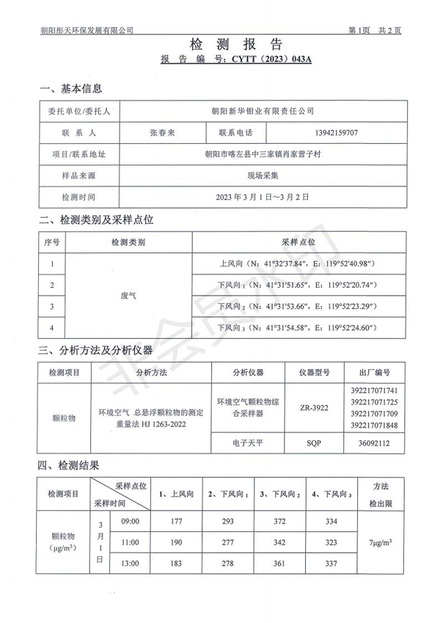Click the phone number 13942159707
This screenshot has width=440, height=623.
point(336,133)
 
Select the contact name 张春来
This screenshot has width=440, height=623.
point(161,133)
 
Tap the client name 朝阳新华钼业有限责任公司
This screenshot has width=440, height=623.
point(262,111)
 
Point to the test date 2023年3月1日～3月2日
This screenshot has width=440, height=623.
point(262,197)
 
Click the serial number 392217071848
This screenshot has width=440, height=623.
point(374,426)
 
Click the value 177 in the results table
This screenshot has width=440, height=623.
point(175,522)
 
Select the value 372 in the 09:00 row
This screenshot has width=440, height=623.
point(279,522)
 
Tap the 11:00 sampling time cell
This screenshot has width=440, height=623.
point(130,542)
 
